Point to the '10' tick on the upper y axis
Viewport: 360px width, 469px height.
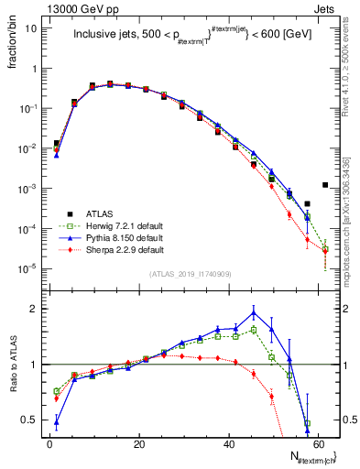[x=31, y=28]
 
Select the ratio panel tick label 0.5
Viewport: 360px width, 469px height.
[x=29, y=420]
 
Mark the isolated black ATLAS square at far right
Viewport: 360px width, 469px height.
[x=325, y=185]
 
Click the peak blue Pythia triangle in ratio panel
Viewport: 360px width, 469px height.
[x=254, y=312]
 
